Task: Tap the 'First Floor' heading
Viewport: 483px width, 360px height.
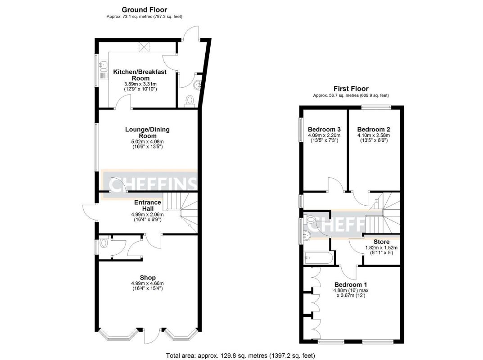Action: pyautogui.click(x=351, y=89)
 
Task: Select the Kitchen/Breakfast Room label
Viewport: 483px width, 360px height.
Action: pyautogui.click(x=139, y=75)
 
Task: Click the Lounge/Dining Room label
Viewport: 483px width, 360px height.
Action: pyautogui.click(x=147, y=133)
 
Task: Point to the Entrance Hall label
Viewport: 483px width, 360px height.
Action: pyautogui.click(x=147, y=206)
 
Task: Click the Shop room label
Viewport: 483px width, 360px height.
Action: pyautogui.click(x=147, y=277)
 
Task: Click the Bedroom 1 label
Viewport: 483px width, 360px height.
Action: pyautogui.click(x=351, y=285)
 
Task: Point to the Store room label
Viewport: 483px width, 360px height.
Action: pyautogui.click(x=381, y=242)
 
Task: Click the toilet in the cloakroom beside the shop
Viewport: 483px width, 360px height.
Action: pyautogui.click(x=104, y=243)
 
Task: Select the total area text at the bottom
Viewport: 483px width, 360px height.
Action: pyautogui.click(x=240, y=355)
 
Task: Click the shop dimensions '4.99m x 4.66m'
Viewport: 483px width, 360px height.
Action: pyautogui.click(x=147, y=283)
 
